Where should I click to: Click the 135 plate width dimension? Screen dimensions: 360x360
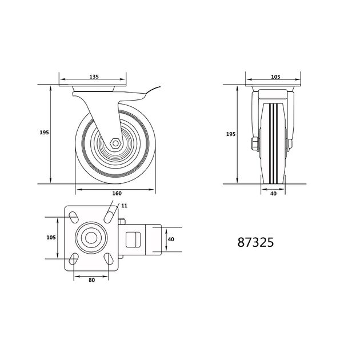[x=94, y=77]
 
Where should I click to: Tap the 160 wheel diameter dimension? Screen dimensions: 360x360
[x=117, y=193]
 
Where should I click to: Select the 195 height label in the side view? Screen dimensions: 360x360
[x=44, y=133]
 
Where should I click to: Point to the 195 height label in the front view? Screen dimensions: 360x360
[x=231, y=134]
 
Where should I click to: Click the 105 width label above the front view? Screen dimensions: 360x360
[x=275, y=77]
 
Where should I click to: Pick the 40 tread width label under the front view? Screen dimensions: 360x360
[x=273, y=194]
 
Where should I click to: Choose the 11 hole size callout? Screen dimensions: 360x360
[x=124, y=206]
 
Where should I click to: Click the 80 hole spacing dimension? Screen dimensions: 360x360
[x=91, y=280]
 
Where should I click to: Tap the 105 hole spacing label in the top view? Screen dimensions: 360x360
[x=51, y=237]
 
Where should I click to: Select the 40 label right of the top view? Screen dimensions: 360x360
[x=171, y=239]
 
